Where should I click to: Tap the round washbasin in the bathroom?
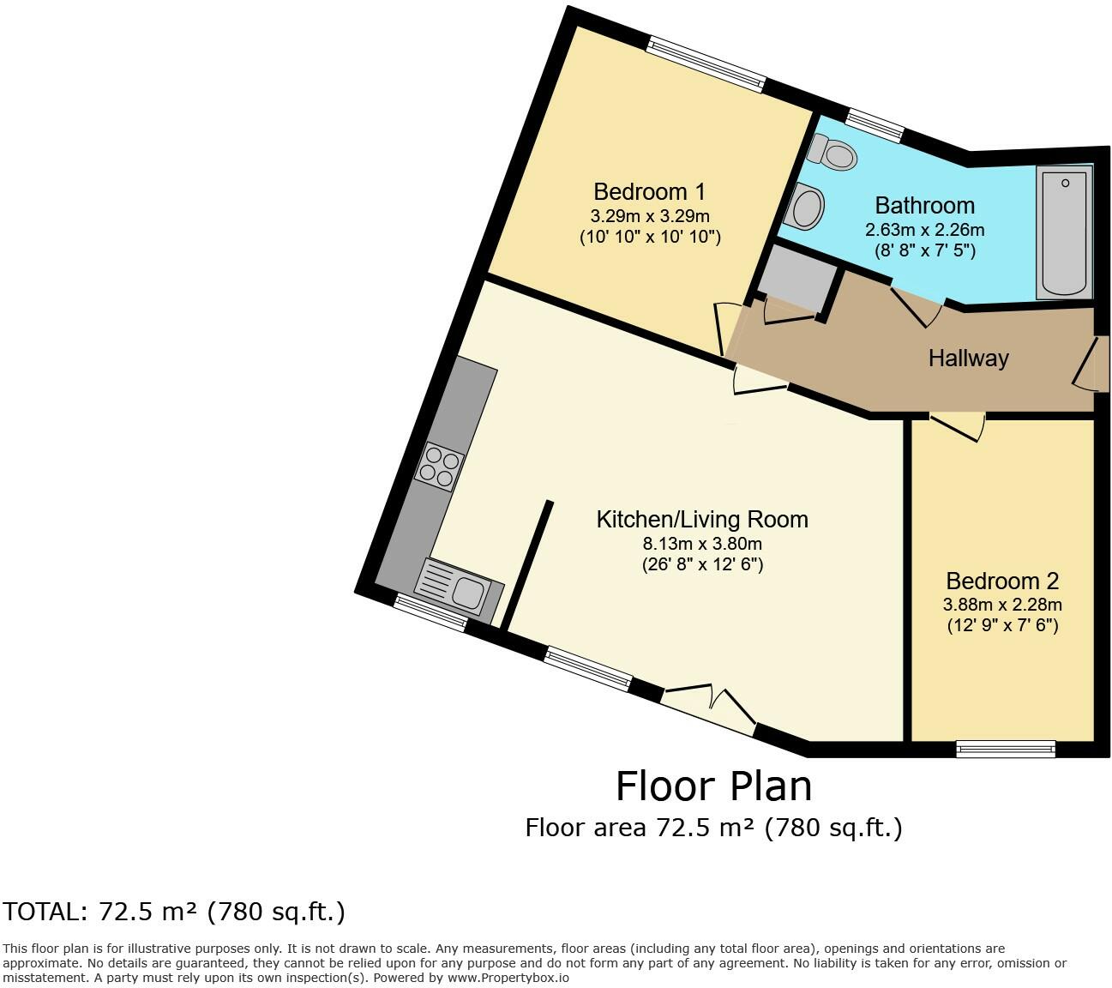click(807, 207)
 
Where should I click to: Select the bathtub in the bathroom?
click(1064, 232)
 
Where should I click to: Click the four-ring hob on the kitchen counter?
click(440, 467)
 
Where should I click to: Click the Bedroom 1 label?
click(649, 191)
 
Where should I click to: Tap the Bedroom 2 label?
click(1002, 581)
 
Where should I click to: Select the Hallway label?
click(968, 358)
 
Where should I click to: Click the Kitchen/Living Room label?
click(701, 519)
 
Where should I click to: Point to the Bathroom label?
click(924, 206)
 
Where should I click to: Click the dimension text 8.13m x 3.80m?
click(701, 543)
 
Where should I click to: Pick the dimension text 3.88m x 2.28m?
click(1002, 604)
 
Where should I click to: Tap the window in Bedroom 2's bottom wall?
click(1006, 749)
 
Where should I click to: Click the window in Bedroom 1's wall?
click(705, 63)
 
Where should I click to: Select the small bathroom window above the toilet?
click(875, 123)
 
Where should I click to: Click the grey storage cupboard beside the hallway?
click(795, 280)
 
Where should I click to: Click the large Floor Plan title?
click(713, 786)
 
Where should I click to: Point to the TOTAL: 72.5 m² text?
click(174, 911)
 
